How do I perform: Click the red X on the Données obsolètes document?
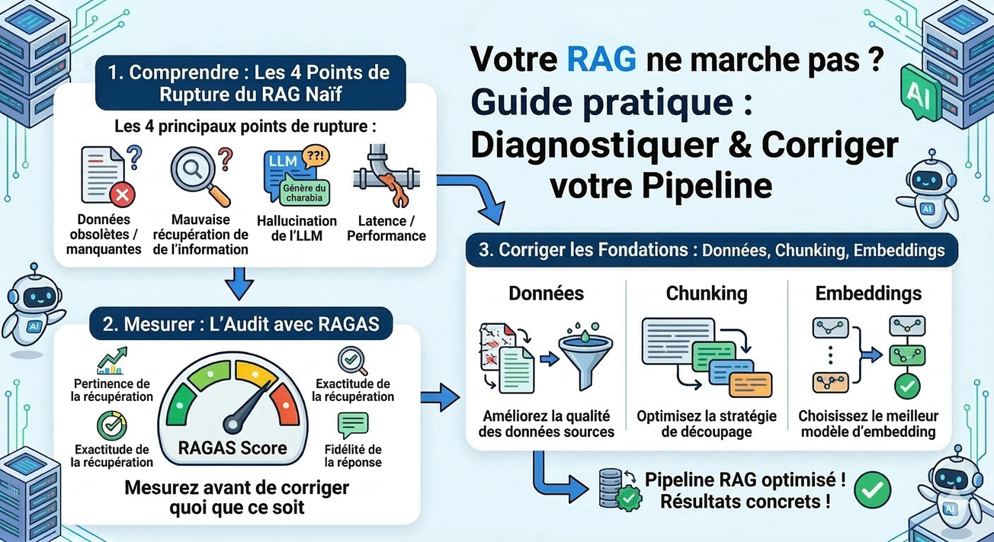pyautogui.click(x=120, y=196)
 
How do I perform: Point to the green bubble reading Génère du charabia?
pyautogui.click(x=304, y=193)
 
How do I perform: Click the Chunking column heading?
pyautogui.click(x=706, y=293)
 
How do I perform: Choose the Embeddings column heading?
pyautogui.click(x=867, y=293)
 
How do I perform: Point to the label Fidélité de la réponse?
pyautogui.click(x=352, y=456)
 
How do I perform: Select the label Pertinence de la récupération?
pyautogui.click(x=113, y=390)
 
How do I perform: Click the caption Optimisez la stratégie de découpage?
pyautogui.click(x=706, y=424)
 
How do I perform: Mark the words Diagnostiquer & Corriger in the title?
pyautogui.click(x=684, y=145)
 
